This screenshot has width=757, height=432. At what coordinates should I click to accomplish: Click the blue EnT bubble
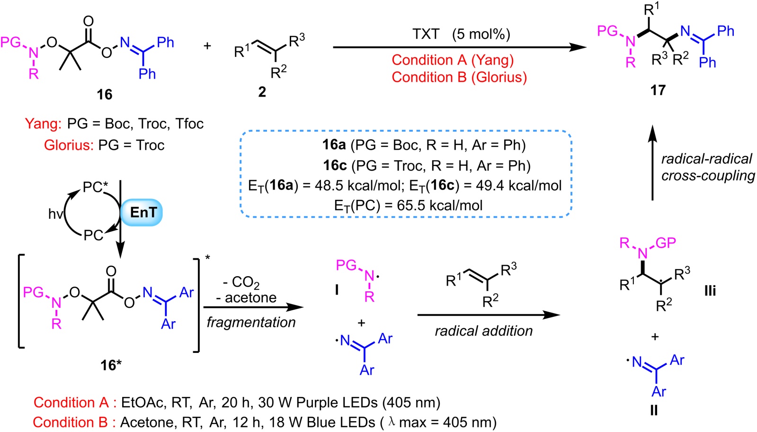(142, 212)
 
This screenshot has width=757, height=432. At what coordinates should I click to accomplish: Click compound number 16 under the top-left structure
(105, 94)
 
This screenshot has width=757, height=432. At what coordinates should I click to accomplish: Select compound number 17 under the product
(658, 90)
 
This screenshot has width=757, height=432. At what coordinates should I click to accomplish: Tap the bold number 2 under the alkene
(262, 92)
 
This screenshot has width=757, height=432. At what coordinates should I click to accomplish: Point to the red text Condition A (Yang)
(452, 60)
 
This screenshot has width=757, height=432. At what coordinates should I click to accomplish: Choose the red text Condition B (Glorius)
(459, 77)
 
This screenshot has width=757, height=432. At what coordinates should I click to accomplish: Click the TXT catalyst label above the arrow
(426, 34)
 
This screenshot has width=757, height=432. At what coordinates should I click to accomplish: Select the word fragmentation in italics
(251, 322)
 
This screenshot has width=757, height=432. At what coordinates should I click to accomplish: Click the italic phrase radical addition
(483, 331)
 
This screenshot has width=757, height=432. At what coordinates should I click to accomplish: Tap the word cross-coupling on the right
(708, 176)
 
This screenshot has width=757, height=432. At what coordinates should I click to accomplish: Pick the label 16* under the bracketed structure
(111, 365)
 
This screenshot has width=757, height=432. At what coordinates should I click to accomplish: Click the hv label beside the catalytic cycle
(55, 214)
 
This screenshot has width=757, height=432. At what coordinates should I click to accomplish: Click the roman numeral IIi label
(710, 290)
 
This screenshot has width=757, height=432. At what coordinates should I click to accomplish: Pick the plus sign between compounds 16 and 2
(207, 46)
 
